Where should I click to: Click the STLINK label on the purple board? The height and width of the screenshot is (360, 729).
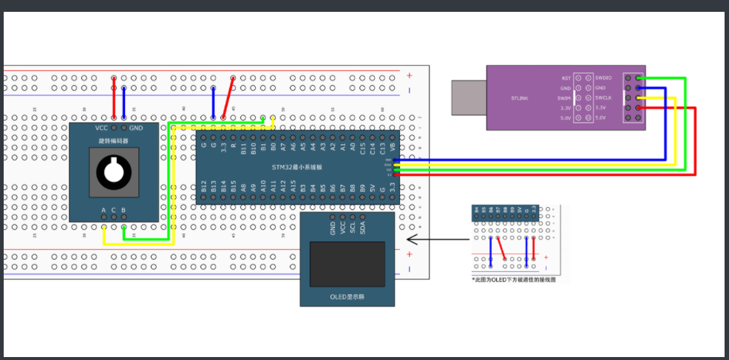click(519, 98)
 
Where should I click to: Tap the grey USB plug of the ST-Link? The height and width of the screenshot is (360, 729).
click(469, 98)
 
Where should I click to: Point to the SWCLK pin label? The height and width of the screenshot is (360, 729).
click(604, 98)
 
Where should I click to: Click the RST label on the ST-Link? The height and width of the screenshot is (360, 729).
click(566, 78)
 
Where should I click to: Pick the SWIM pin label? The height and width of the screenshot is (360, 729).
click(563, 98)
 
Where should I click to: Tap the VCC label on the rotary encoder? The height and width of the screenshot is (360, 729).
click(101, 128)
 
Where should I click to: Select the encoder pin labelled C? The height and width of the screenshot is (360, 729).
click(113, 211)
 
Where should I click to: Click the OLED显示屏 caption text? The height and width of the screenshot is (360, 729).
click(347, 297)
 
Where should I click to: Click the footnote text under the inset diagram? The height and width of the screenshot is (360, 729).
click(512, 280)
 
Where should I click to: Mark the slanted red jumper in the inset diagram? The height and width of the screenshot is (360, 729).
click(501, 248)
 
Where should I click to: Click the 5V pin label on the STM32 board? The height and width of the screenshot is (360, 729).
click(372, 189)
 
